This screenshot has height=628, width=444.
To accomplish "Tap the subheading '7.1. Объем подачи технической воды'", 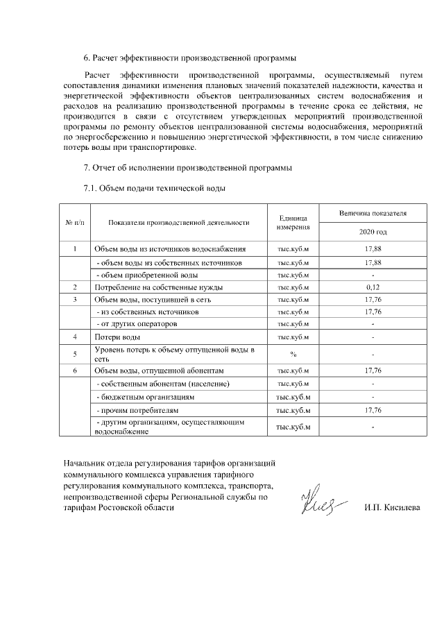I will [x=155, y=187].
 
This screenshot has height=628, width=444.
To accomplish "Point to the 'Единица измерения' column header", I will [x=293, y=223].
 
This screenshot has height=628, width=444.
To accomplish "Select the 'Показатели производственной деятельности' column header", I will [x=179, y=223].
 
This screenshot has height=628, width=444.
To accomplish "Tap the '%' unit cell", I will [x=293, y=354].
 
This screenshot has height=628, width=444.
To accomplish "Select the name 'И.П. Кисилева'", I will [x=392, y=507].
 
